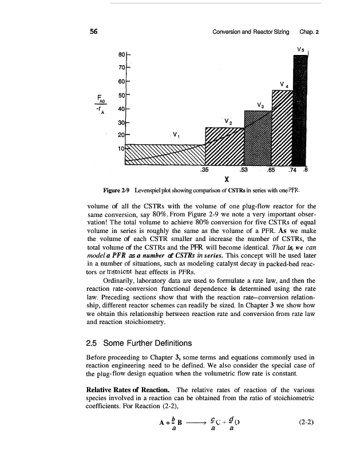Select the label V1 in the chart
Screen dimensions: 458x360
point(176,135)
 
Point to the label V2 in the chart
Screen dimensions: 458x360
point(228,121)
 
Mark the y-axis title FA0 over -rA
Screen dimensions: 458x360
point(101,104)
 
